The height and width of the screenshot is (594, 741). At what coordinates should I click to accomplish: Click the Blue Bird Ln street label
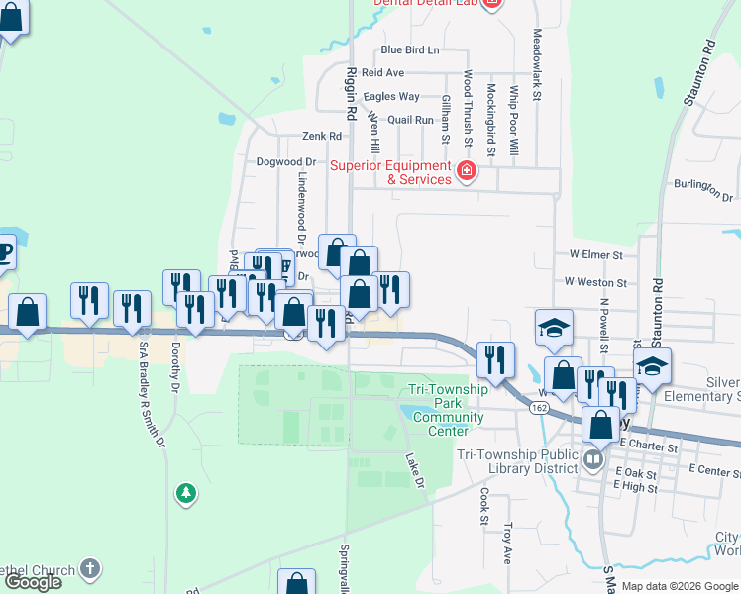pyautogui.click(x=409, y=49)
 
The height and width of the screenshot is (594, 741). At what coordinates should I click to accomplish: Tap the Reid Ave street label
pyautogui.click(x=382, y=73)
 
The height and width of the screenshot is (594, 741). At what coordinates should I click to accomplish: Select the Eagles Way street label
pyautogui.click(x=391, y=96)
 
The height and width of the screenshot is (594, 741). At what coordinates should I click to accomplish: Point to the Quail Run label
pyautogui.click(x=411, y=120)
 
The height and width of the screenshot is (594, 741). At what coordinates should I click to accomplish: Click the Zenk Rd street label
pyautogui.click(x=322, y=136)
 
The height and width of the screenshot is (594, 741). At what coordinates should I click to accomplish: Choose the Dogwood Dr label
pyautogui.click(x=285, y=161)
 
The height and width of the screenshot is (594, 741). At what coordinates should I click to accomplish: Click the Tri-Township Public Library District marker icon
pyautogui.click(x=593, y=458)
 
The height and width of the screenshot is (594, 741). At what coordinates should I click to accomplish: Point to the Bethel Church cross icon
pyautogui.click(x=90, y=568)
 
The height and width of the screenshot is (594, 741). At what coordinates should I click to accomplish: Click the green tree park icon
pyautogui.click(x=183, y=491)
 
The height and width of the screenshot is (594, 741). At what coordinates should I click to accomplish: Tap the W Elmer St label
pyautogui.click(x=595, y=254)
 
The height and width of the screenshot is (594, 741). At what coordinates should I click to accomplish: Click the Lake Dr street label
pyautogui.click(x=415, y=469)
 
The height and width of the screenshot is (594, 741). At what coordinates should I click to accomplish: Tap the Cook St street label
pyautogui.click(x=484, y=505)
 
